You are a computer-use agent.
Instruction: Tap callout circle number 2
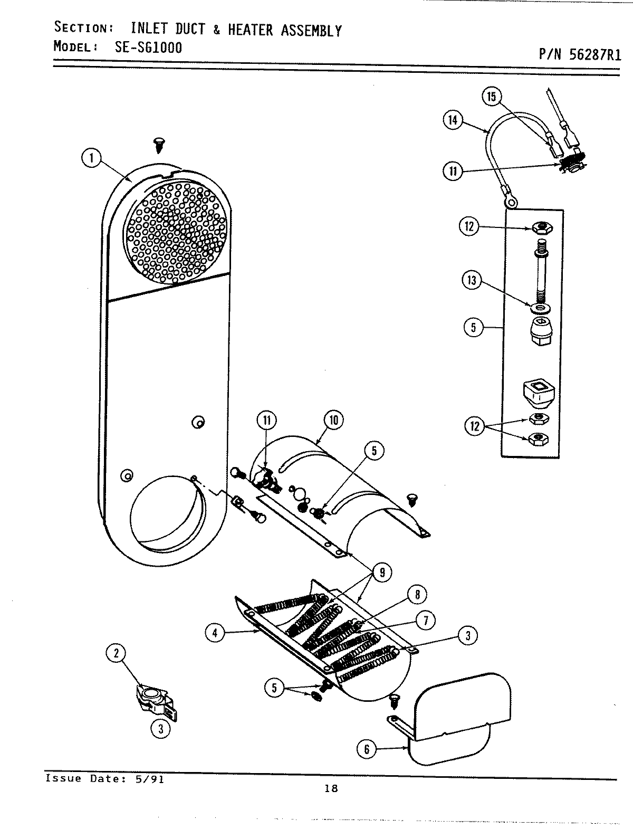pos(116,653)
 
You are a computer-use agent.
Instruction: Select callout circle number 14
pos(453,120)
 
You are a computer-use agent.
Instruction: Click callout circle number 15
pos(492,97)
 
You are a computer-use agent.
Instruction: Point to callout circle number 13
pos(472,280)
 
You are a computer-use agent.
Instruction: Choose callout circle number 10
pos(334,420)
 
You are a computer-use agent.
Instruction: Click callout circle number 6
pos(367,748)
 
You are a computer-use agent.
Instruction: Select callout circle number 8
pos(417,595)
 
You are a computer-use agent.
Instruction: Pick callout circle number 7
pos(425,620)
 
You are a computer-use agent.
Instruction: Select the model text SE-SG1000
pos(148,47)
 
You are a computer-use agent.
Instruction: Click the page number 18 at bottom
pos(331,788)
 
